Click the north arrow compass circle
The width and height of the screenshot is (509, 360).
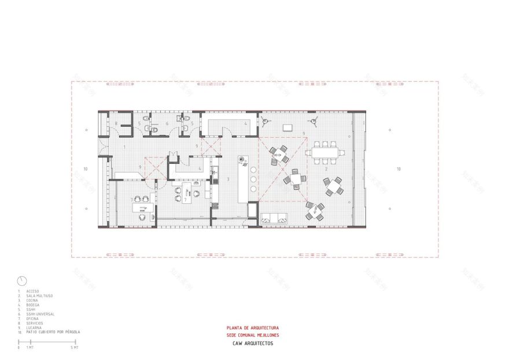[22, 280]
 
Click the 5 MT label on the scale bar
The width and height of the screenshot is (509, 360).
[74, 348]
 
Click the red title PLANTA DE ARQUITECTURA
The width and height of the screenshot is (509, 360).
[248, 328]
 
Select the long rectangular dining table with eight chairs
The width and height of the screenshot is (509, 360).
[326, 153]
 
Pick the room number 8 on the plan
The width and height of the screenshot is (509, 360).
[116, 123]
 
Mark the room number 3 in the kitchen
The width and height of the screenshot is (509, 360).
[228, 179]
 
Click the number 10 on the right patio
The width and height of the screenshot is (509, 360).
[399, 169]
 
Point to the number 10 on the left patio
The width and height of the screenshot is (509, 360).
[85, 169]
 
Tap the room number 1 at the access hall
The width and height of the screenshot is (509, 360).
[124, 148]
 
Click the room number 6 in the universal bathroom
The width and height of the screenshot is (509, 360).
[167, 123]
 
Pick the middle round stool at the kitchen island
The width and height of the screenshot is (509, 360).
[253, 179]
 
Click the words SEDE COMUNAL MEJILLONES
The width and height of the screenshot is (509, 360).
[248, 335]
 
